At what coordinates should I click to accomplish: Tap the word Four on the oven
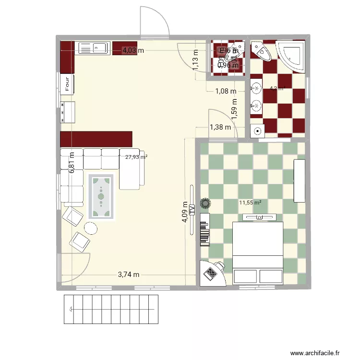pyautogui.click(x=68, y=84)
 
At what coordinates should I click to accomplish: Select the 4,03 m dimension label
pyautogui.click(x=133, y=49)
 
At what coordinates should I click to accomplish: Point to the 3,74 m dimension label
pyautogui.click(x=129, y=275)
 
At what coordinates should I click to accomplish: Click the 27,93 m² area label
pyautogui.click(x=136, y=156)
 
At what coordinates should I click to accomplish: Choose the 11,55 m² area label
pyautogui.click(x=250, y=203)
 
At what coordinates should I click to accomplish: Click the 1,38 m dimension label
pyautogui.click(x=220, y=127)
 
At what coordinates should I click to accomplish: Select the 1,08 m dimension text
pyautogui.click(x=225, y=91)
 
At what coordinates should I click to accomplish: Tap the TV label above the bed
pyautogui.click(x=259, y=217)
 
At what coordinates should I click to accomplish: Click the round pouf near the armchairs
pyautogui.click(x=91, y=228)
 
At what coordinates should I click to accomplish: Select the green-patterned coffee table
pyautogui.click(x=101, y=197)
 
